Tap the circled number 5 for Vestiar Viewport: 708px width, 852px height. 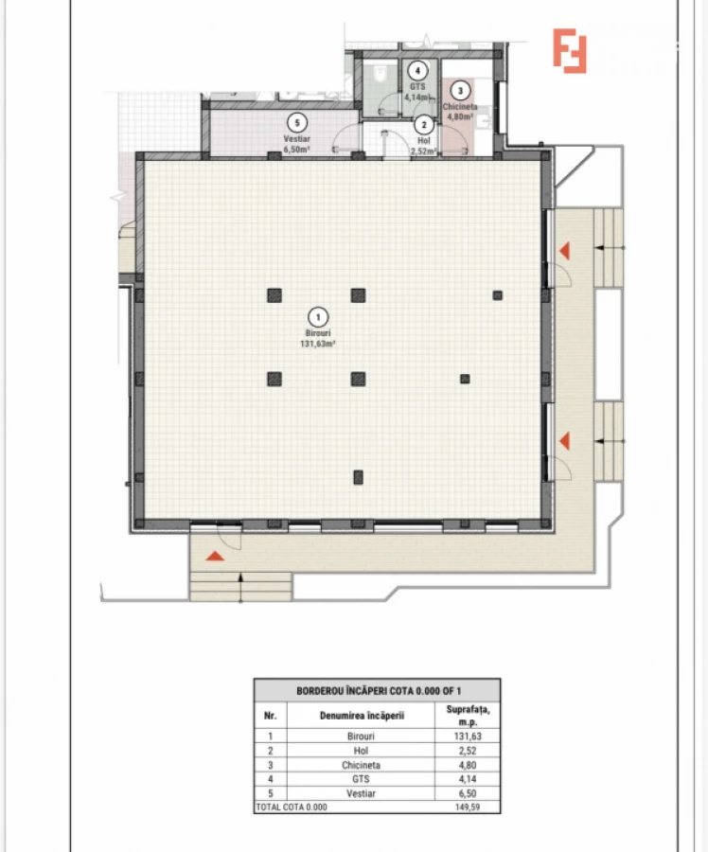click(297, 122)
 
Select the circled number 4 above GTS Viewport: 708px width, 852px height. click(416, 70)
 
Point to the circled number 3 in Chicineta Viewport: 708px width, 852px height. click(460, 92)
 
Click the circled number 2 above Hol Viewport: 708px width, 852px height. click(423, 123)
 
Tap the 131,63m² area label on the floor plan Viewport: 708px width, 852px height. click(318, 345)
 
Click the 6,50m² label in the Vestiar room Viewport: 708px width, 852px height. click(297, 150)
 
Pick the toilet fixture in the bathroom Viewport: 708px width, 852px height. click(377, 74)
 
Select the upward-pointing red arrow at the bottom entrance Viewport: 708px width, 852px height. click(216, 555)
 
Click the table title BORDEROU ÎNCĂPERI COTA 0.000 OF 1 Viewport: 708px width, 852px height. click(377, 690)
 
